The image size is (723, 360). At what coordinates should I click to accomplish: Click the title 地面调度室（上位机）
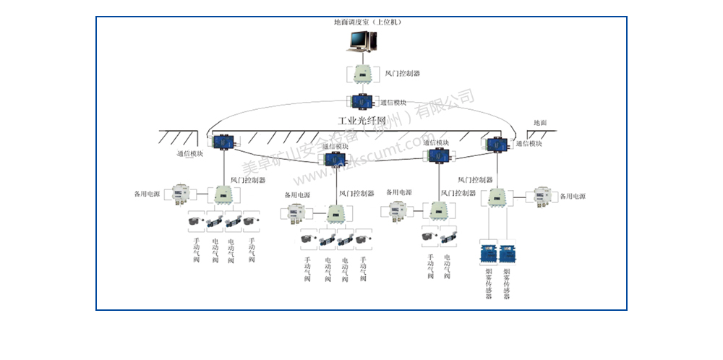pos(367,22)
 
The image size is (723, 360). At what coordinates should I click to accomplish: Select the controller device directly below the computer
pos(360,74)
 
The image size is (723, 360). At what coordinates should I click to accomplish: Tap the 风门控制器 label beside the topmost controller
pos(403,74)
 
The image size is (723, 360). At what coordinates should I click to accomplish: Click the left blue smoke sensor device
pos(487,254)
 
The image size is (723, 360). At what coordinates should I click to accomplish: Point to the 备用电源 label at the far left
pos(147,194)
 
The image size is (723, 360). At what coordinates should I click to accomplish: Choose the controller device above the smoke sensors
pos(497,196)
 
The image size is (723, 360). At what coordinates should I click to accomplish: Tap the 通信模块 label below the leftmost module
pos(190,154)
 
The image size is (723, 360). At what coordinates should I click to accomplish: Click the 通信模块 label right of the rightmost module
pos(529,144)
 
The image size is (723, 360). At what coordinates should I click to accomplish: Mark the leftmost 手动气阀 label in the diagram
pos(196,249)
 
